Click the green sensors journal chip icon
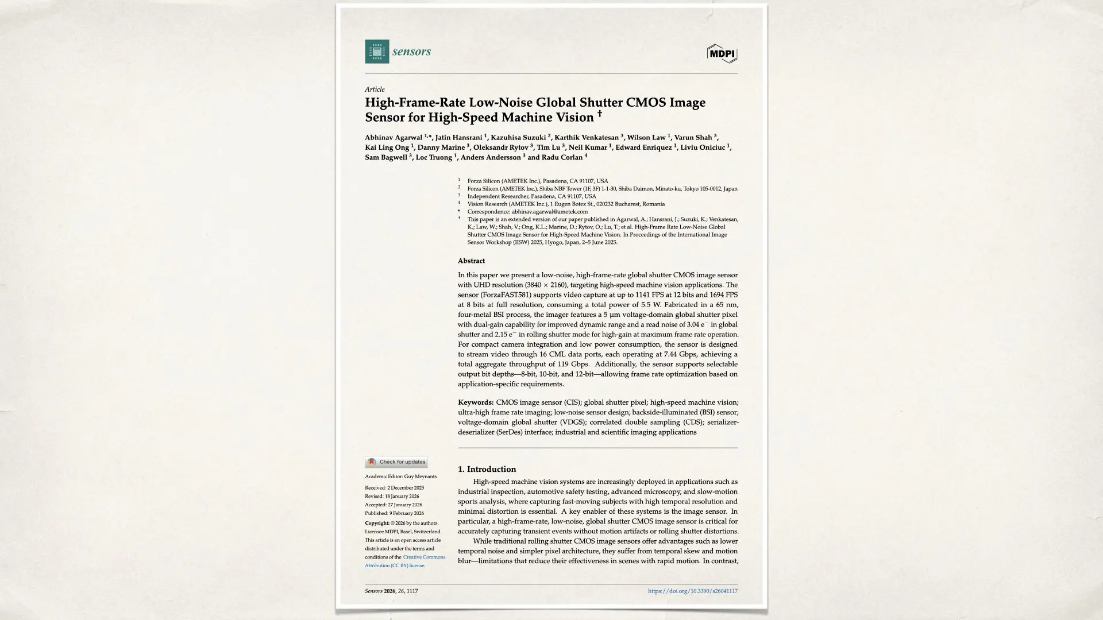377,52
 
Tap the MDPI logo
722,53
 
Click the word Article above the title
375,90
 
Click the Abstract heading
471,261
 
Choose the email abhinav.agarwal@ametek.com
549,212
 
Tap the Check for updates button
396,462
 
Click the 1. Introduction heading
487,469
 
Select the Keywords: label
476,402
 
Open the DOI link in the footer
692,591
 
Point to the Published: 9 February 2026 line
394,513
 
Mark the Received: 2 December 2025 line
394,488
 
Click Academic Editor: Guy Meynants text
400,476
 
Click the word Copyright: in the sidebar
377,523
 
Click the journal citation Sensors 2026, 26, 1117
391,591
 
